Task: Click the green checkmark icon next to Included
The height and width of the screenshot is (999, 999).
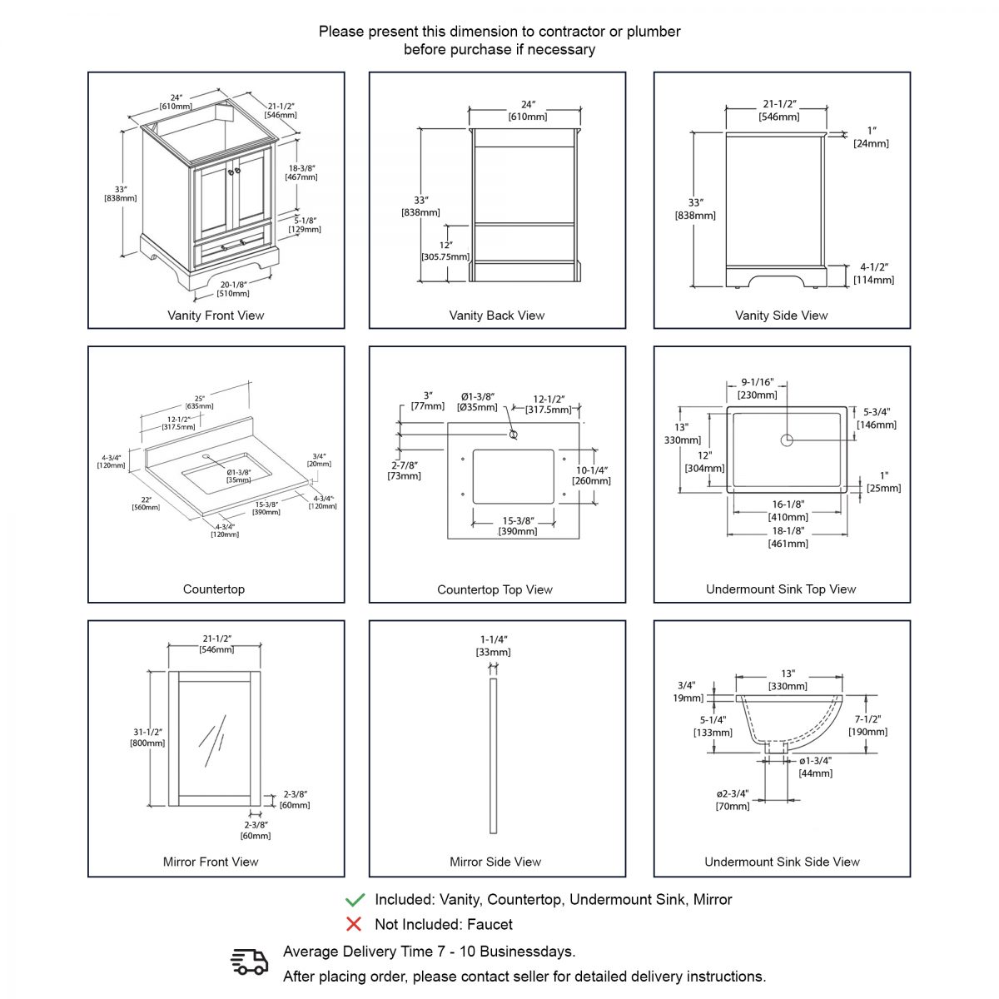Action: pos(355,899)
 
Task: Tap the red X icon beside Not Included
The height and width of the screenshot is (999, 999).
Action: pos(354,924)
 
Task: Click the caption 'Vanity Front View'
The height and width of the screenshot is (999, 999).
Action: pos(216,316)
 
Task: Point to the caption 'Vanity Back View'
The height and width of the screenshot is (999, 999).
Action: pos(496,316)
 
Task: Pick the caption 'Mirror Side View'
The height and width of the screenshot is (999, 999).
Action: pos(495,862)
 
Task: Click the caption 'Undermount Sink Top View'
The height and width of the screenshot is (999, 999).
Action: pos(781,589)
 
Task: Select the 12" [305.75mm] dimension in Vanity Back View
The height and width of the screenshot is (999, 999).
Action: pos(445,251)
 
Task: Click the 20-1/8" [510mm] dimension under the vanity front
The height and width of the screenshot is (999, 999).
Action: pos(233,289)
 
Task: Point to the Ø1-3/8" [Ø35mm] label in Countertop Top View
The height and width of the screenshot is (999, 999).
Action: pos(477,401)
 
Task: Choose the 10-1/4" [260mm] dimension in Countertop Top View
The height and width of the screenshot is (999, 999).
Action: pos(592,475)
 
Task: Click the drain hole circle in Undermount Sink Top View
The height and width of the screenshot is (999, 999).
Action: pos(787,440)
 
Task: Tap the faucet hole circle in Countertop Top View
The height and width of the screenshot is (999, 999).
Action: pos(513,435)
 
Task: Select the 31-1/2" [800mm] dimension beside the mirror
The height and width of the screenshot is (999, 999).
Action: pos(147,738)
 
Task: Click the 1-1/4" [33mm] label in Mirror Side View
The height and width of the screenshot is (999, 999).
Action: pos(494,645)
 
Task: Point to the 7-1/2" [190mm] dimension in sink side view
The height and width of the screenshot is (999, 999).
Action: pos(867,725)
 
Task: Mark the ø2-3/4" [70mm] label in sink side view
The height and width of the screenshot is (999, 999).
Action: pos(733,799)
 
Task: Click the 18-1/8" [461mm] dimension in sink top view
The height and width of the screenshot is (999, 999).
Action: pos(787,537)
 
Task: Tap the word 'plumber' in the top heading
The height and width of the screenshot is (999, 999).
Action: pos(654,32)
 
